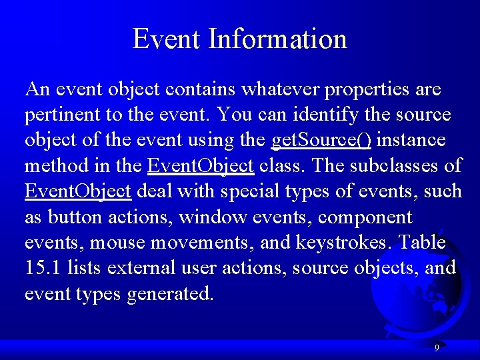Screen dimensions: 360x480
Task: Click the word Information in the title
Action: click(277, 39)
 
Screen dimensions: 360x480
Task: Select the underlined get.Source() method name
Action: click(322, 141)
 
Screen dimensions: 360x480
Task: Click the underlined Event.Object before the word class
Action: click(201, 166)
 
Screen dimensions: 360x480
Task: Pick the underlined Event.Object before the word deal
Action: click(78, 191)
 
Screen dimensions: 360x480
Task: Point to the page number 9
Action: click(437, 348)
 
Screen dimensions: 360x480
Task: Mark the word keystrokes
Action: click(348, 243)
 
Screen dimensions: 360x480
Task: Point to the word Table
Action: click(421, 243)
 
